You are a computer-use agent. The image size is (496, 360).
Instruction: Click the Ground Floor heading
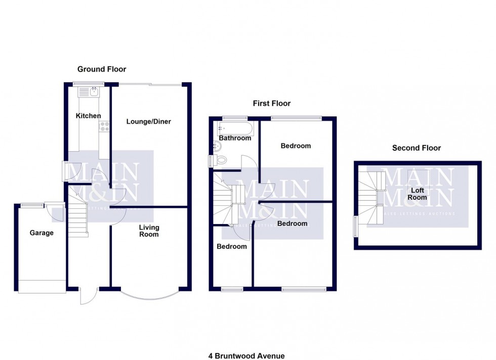point(102,69)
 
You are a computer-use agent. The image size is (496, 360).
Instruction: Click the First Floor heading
point(272,104)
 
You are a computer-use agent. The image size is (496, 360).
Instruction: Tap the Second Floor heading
point(417,148)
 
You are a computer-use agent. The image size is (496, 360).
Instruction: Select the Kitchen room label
point(89,116)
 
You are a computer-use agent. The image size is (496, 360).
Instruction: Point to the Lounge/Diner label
point(149,121)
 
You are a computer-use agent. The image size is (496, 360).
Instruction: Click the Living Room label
point(149,231)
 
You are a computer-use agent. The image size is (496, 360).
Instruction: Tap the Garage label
point(41,233)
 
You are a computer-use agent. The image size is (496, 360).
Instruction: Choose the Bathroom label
point(235,138)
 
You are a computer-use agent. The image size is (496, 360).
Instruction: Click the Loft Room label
point(418,194)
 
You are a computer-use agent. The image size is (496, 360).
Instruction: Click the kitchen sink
point(94,92)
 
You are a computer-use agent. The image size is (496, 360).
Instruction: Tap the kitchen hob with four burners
point(104,126)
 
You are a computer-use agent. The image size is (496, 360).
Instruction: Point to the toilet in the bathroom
point(220,160)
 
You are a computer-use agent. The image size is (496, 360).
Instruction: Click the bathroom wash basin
point(217,147)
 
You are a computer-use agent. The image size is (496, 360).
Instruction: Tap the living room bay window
point(149,295)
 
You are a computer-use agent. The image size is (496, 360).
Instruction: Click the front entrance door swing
point(87,297)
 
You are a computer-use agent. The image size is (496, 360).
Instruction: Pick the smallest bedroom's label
point(232,247)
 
